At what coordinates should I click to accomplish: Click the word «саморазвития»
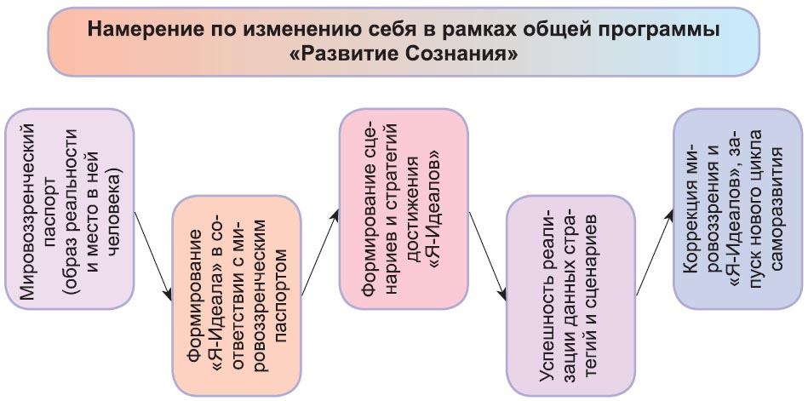pos(776,208)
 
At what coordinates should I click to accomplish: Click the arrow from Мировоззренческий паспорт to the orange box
pos(153,255)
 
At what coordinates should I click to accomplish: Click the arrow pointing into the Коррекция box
pos(655,253)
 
